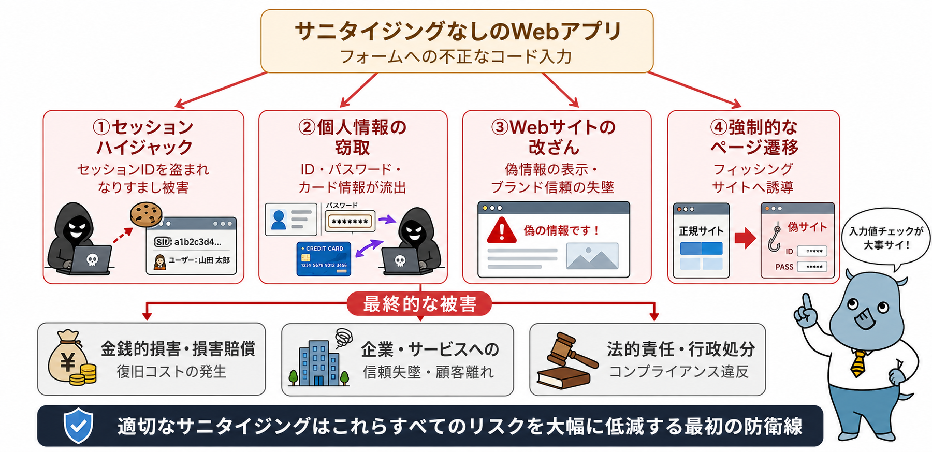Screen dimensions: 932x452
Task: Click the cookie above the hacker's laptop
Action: [146, 214]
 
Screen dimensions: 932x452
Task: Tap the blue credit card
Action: [324, 258]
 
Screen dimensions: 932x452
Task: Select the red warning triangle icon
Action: [501, 230]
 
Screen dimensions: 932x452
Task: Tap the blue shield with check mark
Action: [78, 426]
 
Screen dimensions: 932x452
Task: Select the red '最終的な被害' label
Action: [419, 304]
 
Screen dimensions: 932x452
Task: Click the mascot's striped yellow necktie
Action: [858, 362]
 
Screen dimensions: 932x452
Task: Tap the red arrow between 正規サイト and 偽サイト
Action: [745, 238]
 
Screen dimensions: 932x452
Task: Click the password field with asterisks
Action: [350, 222]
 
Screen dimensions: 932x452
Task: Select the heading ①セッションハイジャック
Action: [143, 137]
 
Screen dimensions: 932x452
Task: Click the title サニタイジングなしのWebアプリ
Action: [458, 31]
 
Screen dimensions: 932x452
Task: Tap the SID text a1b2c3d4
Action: [197, 242]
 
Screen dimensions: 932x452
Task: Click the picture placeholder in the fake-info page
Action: [592, 256]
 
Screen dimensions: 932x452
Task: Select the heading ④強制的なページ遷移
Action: [754, 137]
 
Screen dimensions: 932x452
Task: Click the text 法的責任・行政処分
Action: [681, 349]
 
